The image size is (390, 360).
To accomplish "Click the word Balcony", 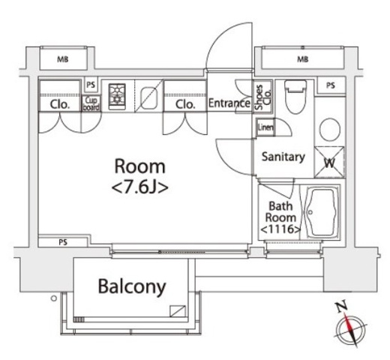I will coord(131,286).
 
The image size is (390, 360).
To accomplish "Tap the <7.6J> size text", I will coord(139,186).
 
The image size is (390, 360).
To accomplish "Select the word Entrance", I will coord(229,103).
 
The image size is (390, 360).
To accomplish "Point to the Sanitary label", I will coord(282,157).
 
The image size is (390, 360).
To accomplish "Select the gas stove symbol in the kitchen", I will coord(118,95).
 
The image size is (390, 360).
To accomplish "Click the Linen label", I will coord(265,127).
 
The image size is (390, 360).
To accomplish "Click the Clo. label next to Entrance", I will coord(185,104).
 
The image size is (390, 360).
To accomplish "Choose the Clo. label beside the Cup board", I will coord(60,104).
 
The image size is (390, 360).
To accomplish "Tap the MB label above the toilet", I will coord(302,58).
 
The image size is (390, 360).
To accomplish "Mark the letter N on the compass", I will coord(342,307).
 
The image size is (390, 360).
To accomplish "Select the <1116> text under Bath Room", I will coord(280,229).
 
